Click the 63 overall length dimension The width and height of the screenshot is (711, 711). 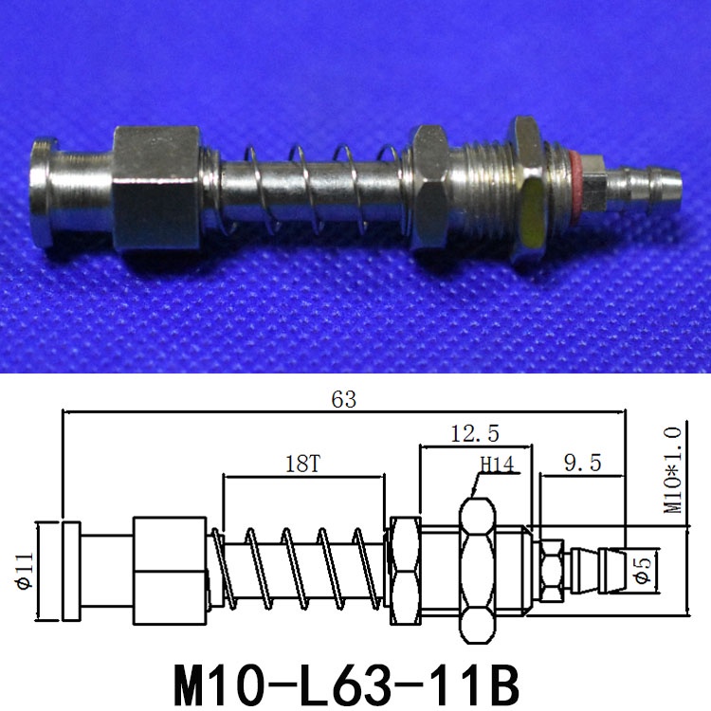click(343, 400)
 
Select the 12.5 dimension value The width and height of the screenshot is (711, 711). click(474, 433)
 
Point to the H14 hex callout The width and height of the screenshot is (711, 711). click(496, 465)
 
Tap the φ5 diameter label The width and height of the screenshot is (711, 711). click(643, 570)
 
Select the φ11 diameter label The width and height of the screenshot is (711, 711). click(22, 569)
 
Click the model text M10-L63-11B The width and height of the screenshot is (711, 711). click(346, 679)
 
